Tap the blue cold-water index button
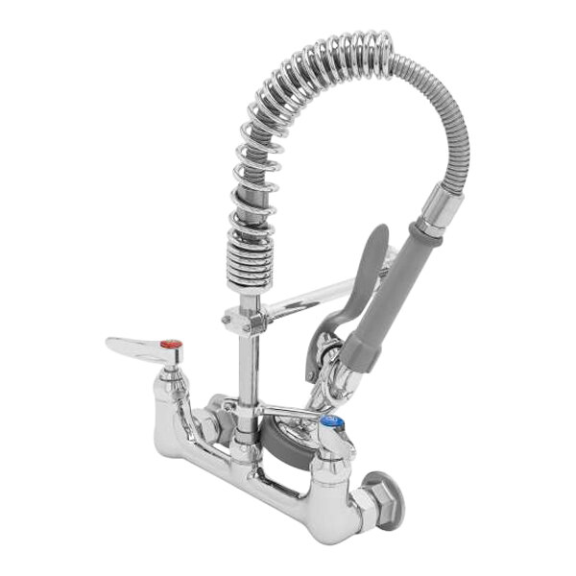coord(330,422)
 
